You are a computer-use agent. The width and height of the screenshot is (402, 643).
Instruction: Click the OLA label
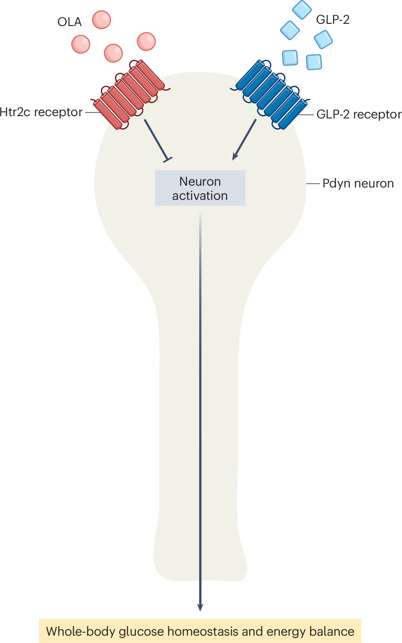point(69,22)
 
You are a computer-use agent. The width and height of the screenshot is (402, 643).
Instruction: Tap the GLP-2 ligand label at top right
point(333,20)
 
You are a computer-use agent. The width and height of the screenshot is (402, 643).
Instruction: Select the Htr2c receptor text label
point(41,112)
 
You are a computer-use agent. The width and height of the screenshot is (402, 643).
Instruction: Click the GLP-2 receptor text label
point(359,114)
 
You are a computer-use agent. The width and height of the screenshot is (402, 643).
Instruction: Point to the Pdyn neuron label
point(358,183)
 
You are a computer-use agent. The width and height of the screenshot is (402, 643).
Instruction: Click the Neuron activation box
point(200,188)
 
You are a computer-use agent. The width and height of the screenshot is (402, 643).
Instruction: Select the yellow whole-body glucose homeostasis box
point(200,631)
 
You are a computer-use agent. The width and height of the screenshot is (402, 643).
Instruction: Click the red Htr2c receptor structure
point(130,95)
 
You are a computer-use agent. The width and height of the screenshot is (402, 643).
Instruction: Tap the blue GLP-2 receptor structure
point(271,95)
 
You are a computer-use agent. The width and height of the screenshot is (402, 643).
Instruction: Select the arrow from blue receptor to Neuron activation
point(244,139)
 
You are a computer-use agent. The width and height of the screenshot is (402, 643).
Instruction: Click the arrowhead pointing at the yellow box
point(200,608)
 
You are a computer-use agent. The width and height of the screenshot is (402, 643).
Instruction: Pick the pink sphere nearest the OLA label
point(102,20)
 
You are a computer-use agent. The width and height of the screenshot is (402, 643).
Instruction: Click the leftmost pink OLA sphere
point(81,44)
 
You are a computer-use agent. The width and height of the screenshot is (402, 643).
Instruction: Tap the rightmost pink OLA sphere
point(146,41)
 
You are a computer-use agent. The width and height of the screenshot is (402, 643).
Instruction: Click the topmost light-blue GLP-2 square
point(302,10)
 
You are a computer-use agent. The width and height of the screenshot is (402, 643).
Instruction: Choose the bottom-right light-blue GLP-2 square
point(314,62)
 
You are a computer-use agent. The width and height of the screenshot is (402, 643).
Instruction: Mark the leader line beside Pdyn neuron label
point(313,183)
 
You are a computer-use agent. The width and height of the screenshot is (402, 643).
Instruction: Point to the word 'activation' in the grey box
point(200,196)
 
